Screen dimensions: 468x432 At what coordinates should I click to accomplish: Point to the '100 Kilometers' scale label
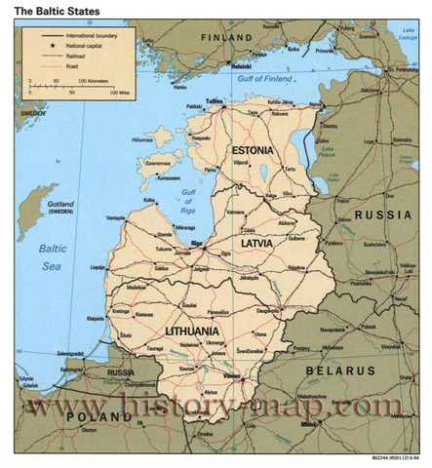(x=95, y=80)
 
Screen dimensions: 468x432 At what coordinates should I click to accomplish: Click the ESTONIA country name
(x=253, y=150)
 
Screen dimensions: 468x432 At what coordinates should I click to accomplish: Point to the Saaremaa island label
(x=157, y=165)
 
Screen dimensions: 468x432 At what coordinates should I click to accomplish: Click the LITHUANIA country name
(x=193, y=331)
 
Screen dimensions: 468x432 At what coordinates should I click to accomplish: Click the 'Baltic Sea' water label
(x=50, y=256)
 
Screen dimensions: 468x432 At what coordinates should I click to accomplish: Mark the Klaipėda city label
(x=95, y=319)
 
